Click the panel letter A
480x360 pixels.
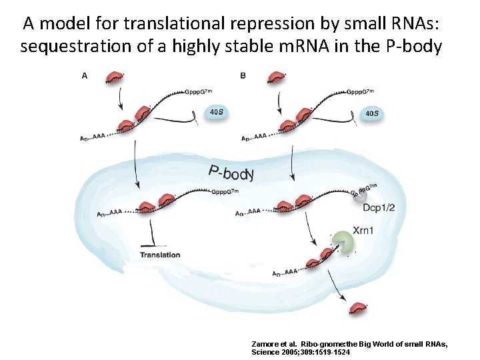[83, 75]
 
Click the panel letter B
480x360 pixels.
[243, 75]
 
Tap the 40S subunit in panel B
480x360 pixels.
[372, 113]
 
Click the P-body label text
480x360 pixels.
[231, 173]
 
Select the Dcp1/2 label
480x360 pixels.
[379, 208]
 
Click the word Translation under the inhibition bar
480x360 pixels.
[160, 255]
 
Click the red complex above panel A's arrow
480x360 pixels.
[115, 77]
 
